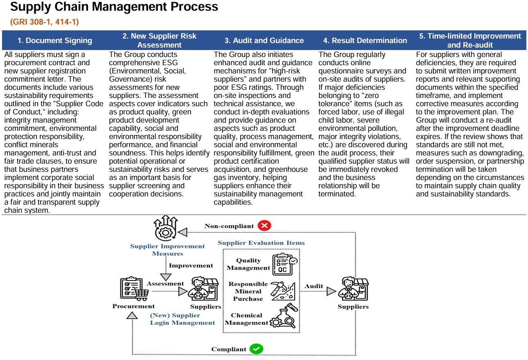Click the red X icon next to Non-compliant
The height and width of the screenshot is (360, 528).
[264, 226]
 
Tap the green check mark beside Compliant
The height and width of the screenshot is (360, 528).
[256, 349]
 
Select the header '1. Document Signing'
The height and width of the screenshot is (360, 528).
[55, 41]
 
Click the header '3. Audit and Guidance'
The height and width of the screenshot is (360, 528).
[264, 41]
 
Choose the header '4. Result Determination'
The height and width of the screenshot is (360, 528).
[365, 41]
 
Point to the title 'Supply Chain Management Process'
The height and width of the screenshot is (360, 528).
[114, 7]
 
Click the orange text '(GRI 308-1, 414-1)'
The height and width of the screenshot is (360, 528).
[45, 22]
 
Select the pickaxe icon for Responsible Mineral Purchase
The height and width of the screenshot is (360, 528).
[283, 291]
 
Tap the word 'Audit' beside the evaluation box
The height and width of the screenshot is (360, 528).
[314, 286]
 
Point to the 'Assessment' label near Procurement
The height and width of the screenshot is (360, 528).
[165, 283]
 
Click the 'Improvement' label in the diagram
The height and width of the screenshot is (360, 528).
[191, 265]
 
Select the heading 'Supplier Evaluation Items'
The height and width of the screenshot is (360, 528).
[261, 243]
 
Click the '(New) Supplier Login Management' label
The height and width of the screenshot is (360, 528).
[182, 319]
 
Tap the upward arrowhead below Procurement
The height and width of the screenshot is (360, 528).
[132, 315]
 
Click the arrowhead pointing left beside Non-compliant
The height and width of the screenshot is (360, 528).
[182, 232]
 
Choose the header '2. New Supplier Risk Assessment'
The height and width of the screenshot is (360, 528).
[159, 41]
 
